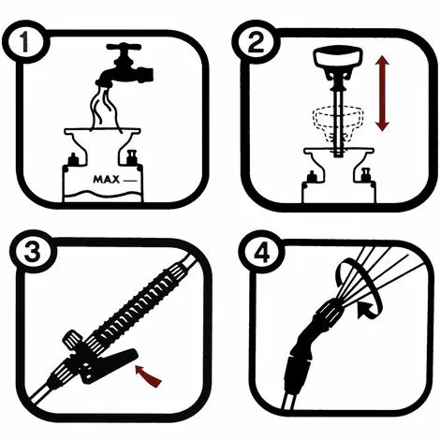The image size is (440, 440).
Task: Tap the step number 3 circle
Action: [x=32, y=252]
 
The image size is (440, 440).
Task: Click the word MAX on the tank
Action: [x=107, y=180]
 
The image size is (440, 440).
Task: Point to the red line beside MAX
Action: [x=130, y=181]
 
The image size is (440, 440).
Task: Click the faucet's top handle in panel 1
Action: [x=124, y=47]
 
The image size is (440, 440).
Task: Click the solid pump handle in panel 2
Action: [x=338, y=58]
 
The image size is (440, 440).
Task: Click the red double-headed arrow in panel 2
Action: [x=382, y=93]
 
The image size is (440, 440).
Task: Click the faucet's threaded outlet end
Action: [x=148, y=74]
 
